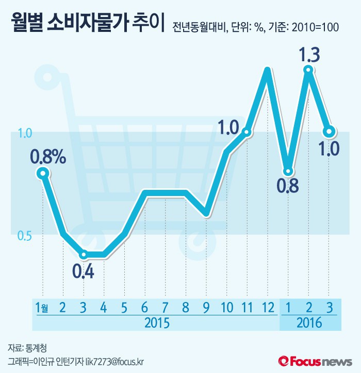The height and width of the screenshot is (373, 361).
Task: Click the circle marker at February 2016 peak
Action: (308, 70)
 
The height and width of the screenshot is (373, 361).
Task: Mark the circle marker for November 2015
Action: (247, 132)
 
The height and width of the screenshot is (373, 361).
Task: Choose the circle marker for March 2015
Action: (83, 255)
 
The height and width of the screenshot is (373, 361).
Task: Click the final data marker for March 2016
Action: (329, 131)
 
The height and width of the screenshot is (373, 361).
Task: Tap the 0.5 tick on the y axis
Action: (25, 236)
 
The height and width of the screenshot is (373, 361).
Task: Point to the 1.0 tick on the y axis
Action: (25, 133)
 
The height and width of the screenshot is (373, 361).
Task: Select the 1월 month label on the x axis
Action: (42, 308)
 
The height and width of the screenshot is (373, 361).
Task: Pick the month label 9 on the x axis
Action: (206, 308)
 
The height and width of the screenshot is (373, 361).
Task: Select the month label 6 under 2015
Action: (144, 308)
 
